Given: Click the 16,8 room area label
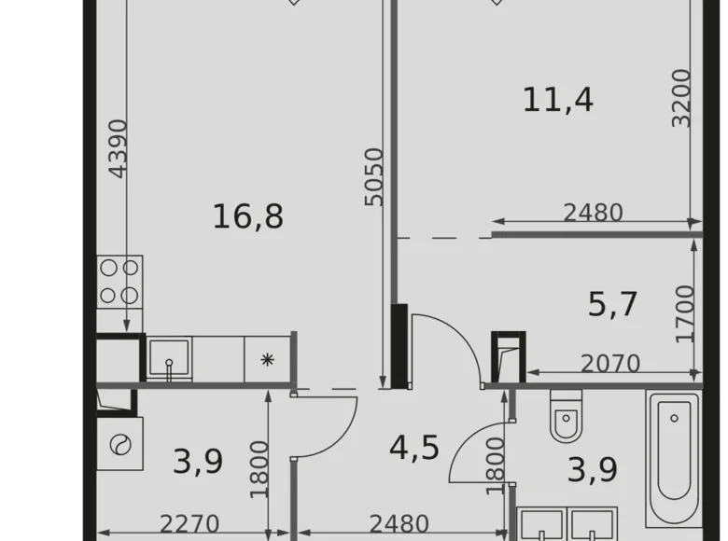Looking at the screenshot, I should coord(247,217).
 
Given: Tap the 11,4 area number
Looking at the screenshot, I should coord(557,99).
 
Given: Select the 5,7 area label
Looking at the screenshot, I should coord(612,304).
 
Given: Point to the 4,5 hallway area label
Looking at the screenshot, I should coord(413,447).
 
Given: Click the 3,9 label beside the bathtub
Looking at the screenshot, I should coord(593,470).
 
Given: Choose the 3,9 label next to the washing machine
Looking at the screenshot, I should coord(198,461).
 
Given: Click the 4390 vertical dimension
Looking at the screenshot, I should coord(118,148).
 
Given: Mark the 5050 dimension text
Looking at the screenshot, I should coord(373,176).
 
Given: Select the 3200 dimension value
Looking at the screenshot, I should coord(682,98).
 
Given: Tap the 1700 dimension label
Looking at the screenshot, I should coord(685,314).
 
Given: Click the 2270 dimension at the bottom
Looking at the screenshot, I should coord(189,524).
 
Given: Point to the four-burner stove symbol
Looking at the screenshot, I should coord(119,282).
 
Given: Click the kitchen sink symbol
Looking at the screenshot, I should coord(169,359).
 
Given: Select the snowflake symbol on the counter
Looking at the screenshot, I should coord(268,360).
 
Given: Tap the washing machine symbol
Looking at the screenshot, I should coord(120,444).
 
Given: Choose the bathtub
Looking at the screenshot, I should coord(672,458).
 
